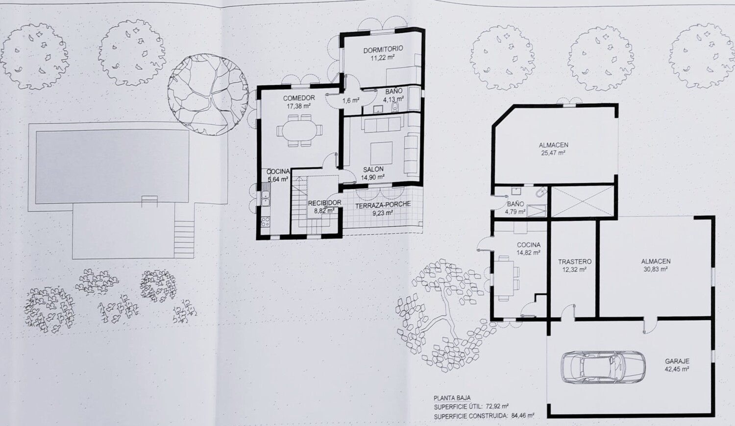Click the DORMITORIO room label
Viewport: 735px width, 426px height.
coord(383,49)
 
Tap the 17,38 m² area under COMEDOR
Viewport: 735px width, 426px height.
coord(298,106)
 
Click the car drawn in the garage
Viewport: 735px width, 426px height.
coord(603,367)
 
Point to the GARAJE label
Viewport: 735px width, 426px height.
coord(677,361)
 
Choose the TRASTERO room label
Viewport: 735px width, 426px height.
coord(575,261)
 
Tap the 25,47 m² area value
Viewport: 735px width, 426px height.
coord(553,153)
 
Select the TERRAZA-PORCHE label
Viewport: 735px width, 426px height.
coord(383,204)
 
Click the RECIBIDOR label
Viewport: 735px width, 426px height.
coord(324,203)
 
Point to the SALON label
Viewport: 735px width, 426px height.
coord(373,169)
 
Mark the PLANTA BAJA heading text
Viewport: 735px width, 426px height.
coord(452,398)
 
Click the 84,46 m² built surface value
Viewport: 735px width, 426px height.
coord(523,416)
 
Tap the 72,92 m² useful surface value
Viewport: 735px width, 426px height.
coord(497,406)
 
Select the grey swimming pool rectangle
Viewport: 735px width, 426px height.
coord(112,166)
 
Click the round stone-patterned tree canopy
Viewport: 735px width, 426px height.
coord(208,95)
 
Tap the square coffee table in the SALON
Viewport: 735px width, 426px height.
coord(381,153)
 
